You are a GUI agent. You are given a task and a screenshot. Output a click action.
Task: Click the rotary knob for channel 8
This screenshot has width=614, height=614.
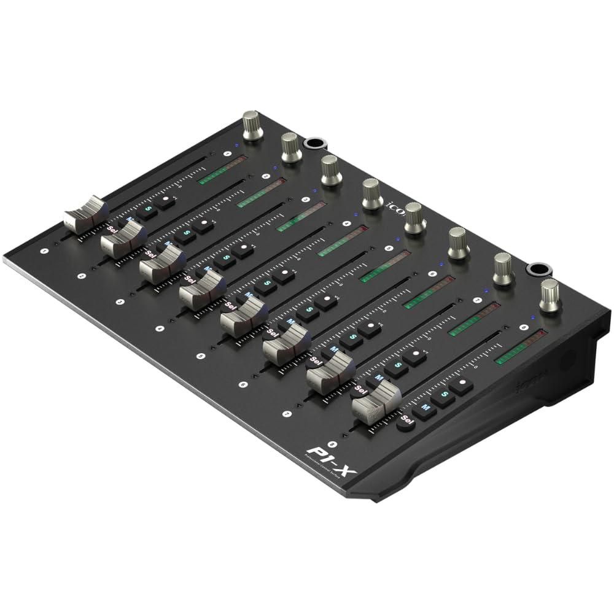(x=550, y=295)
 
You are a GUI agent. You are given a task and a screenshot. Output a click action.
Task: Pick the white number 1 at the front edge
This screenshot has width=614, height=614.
(x=44, y=251)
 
